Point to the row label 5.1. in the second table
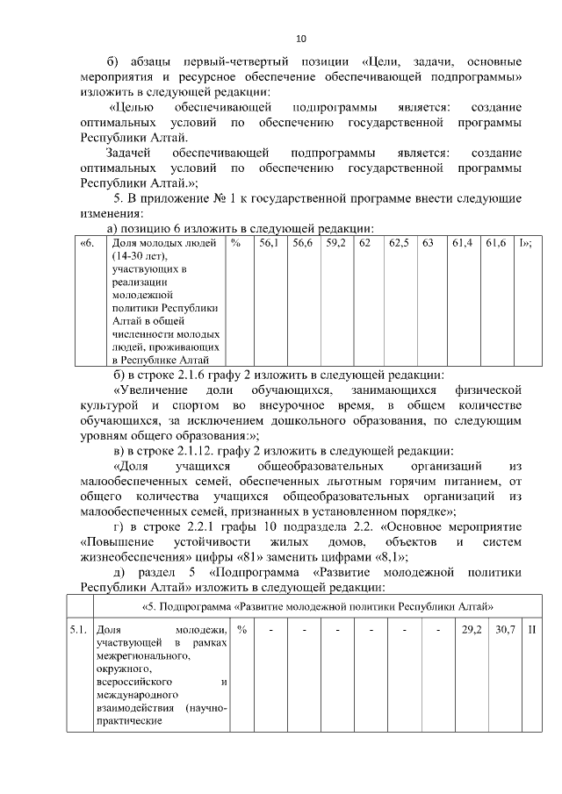pyautogui.click(x=78, y=630)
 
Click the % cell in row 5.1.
pyautogui.click(x=241, y=630)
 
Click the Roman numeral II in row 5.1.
pyautogui.click(x=532, y=630)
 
